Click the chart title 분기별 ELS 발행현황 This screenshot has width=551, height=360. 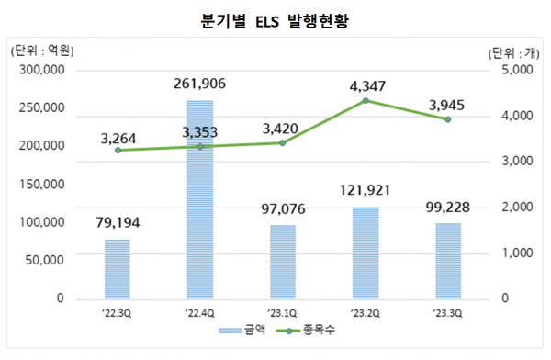(275, 19)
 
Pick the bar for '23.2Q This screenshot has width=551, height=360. (365, 253)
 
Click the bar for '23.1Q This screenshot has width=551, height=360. (282, 262)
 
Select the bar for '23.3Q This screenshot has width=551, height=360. (447, 261)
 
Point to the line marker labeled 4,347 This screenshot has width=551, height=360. (365, 100)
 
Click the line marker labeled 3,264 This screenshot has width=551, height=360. (117, 150)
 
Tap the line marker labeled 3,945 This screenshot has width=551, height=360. (447, 119)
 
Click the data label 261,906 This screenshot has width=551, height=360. (199, 84)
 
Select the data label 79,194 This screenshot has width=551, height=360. (117, 222)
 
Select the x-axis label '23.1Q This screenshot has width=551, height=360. (282, 313)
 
